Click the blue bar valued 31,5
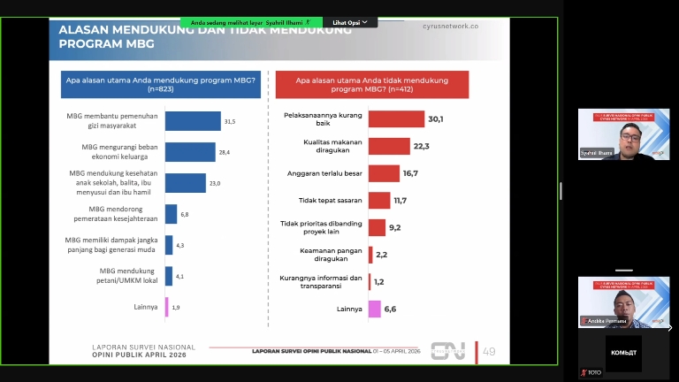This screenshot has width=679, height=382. point(193,121)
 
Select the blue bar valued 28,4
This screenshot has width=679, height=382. point(190,152)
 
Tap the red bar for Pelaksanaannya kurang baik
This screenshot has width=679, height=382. point(396,118)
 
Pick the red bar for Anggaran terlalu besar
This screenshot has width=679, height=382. point(384,173)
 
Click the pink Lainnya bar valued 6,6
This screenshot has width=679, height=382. point(374,309)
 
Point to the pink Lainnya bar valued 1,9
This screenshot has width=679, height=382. point(166,307)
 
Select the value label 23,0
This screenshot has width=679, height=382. point(214,183)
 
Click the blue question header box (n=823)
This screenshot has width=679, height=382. point(159,84)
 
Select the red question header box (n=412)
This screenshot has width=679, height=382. point(372,84)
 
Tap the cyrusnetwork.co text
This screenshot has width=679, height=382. point(451,27)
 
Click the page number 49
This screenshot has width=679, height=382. point(489,351)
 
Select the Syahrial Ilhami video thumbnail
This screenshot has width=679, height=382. point(623,134)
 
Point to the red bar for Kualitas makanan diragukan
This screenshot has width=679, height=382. point(389,146)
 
